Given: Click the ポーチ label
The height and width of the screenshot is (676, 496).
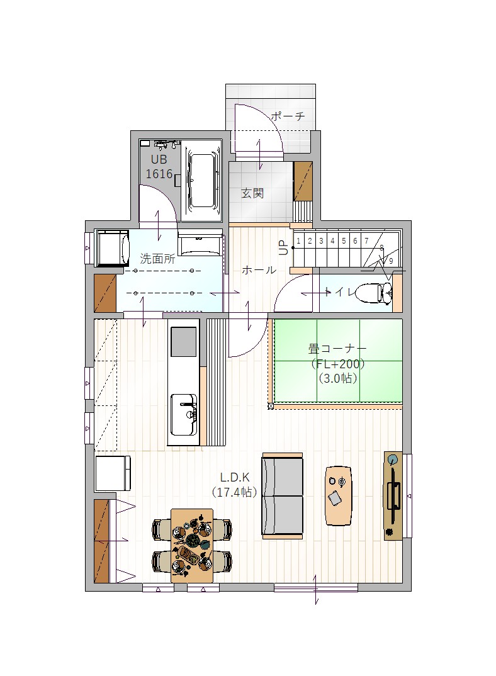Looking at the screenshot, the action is tap(288, 116).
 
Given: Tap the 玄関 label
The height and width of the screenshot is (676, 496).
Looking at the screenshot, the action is tap(252, 193).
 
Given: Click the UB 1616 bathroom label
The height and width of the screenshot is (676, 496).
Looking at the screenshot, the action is tap(159, 167).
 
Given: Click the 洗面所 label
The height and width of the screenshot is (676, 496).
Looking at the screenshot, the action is tap(157, 259).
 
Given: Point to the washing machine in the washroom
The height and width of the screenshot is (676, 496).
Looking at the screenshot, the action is tap(113, 249).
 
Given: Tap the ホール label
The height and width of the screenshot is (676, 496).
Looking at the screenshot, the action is tap(259, 270).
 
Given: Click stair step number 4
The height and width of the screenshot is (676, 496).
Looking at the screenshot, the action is tap(332, 241).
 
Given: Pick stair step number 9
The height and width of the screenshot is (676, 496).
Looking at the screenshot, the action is tap(391, 261).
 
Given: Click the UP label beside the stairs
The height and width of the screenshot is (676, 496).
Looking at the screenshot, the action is tap(283, 248).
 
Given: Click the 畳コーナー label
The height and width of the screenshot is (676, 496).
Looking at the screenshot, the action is tap(337, 348).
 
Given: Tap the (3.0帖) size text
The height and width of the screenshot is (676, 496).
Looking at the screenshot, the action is tap(338, 378).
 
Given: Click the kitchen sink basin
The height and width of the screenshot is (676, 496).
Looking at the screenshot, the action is tap(184, 415).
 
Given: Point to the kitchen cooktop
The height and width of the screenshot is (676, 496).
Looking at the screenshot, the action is tap(184, 342).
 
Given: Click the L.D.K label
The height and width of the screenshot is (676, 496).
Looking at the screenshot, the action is tap(235, 477).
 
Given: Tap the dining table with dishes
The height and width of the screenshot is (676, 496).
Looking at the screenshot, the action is tap(192, 545).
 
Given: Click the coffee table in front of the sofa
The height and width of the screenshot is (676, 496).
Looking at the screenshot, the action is tap(339, 495).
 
